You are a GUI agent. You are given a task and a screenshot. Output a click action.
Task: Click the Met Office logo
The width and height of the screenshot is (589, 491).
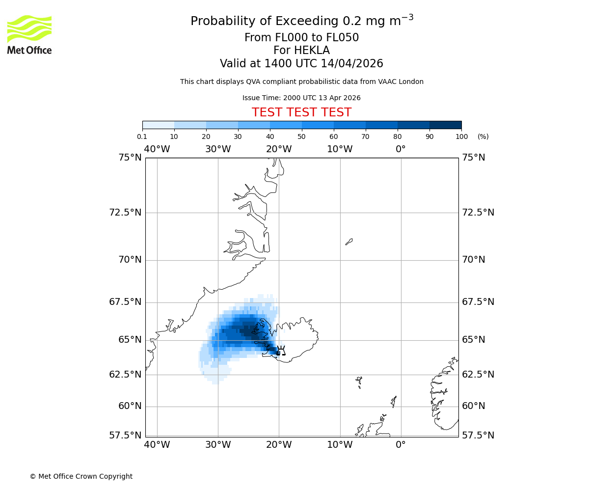tap(29, 34)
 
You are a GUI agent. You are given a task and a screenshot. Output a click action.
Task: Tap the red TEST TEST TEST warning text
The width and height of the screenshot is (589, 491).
tap(301, 113)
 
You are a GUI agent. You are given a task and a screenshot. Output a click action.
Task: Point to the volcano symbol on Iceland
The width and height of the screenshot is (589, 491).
tap(281, 351)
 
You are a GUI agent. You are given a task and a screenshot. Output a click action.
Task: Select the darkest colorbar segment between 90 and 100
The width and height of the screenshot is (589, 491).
tap(445, 125)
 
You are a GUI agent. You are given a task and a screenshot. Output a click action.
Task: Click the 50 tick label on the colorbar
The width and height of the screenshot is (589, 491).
tap(302, 136)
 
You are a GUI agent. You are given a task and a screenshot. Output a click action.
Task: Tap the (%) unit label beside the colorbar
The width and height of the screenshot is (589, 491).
tap(483, 136)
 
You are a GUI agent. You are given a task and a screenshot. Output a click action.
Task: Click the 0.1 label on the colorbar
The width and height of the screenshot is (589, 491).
tap(142, 136)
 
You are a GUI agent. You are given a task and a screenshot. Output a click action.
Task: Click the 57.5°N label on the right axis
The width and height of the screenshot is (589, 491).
tap(478, 436)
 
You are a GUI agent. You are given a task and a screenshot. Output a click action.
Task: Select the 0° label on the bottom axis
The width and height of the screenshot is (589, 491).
tap(401, 445)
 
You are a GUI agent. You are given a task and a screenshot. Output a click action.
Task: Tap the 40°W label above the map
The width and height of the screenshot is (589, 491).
tap(157, 149)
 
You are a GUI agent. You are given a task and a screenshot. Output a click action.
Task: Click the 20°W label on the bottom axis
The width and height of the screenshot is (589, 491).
tap(279, 445)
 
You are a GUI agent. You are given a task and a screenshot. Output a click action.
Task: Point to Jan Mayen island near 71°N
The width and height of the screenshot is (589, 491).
tap(349, 242)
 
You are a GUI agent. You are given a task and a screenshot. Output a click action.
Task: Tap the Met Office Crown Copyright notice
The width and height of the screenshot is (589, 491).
tap(81, 476)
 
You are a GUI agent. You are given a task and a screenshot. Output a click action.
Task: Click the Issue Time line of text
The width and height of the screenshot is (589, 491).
tap(301, 98)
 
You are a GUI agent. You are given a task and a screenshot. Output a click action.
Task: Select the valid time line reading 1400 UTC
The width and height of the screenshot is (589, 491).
tap(301, 64)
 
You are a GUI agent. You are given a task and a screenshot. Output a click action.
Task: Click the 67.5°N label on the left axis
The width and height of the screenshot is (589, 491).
tap(125, 302)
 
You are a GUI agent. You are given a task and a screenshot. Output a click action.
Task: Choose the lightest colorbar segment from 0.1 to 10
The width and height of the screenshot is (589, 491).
tap(158, 125)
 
